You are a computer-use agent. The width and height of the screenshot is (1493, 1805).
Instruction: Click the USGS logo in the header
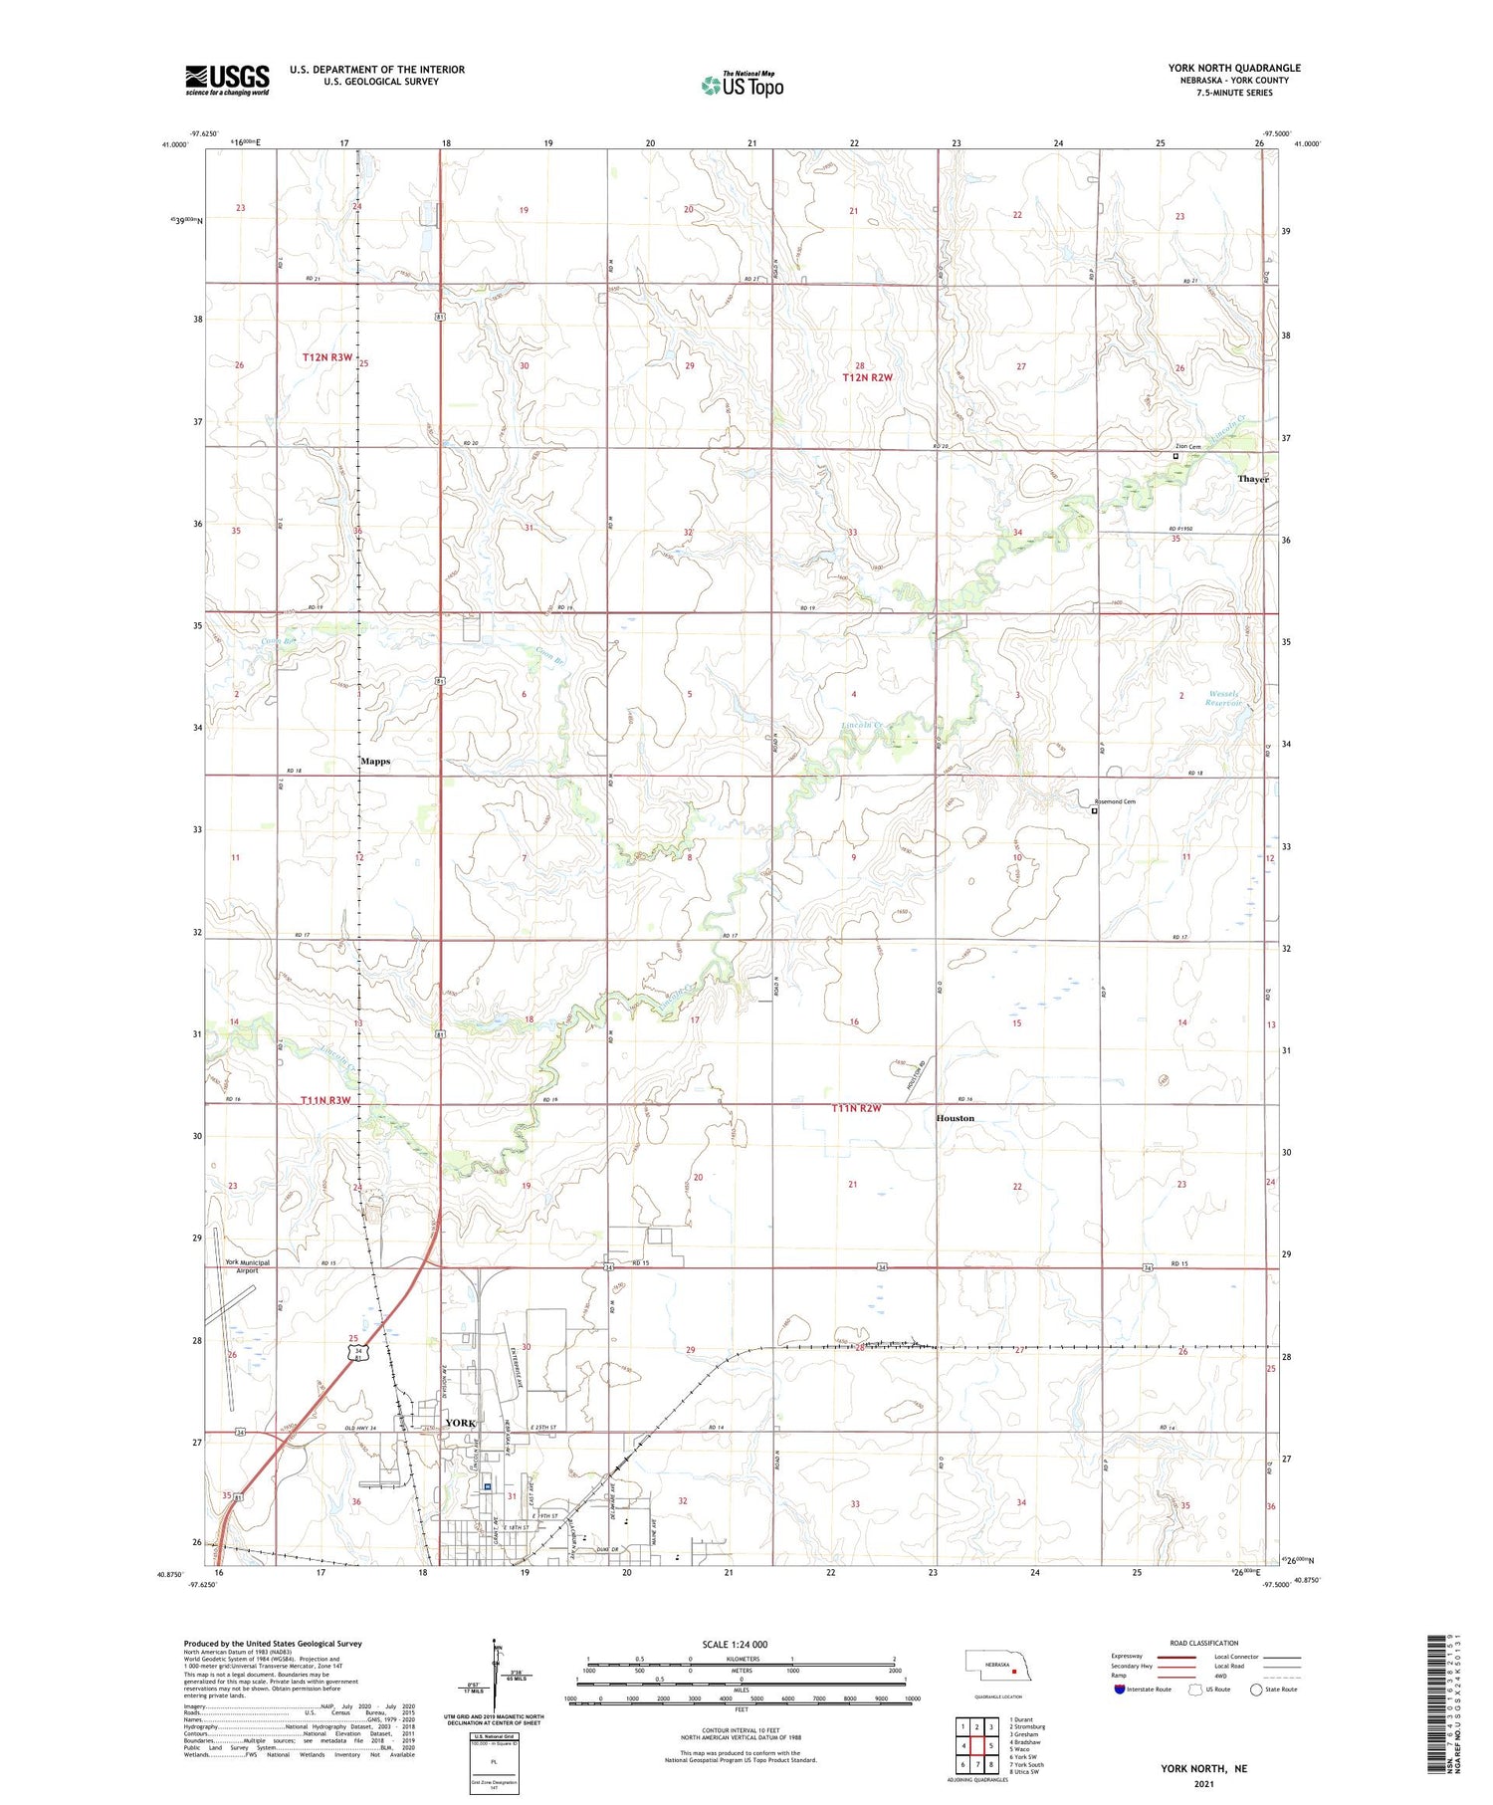pyautogui.click(x=227, y=80)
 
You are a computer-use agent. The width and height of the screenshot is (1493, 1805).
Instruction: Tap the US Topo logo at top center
pyautogui.click(x=742, y=85)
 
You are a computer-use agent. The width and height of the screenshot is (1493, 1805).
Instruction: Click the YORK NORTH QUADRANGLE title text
pyautogui.click(x=1234, y=69)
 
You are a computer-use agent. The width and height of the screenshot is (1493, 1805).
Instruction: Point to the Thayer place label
pyautogui.click(x=1253, y=479)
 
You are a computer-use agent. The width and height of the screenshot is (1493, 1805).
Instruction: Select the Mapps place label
pyautogui.click(x=375, y=761)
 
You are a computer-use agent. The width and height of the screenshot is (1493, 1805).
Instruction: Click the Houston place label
pyautogui.click(x=955, y=1118)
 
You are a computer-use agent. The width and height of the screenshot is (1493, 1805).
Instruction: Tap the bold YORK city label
pyautogui.click(x=461, y=1423)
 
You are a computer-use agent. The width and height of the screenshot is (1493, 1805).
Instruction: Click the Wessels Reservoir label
pyautogui.click(x=1224, y=697)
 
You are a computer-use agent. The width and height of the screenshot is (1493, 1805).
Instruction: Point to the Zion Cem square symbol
pyautogui.click(x=1175, y=457)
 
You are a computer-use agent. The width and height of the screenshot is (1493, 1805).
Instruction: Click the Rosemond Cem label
pyautogui.click(x=1115, y=801)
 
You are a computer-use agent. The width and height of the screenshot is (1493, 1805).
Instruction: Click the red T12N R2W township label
pyautogui.click(x=868, y=377)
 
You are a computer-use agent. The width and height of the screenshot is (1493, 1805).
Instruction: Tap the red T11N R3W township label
pyautogui.click(x=325, y=1100)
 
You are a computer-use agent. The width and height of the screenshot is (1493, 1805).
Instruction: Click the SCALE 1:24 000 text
pyautogui.click(x=735, y=1645)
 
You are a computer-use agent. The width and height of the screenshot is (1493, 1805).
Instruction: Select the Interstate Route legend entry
pyautogui.click(x=1142, y=1690)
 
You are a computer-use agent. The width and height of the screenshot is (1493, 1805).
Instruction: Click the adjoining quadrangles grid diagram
pyautogui.click(x=977, y=1746)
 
